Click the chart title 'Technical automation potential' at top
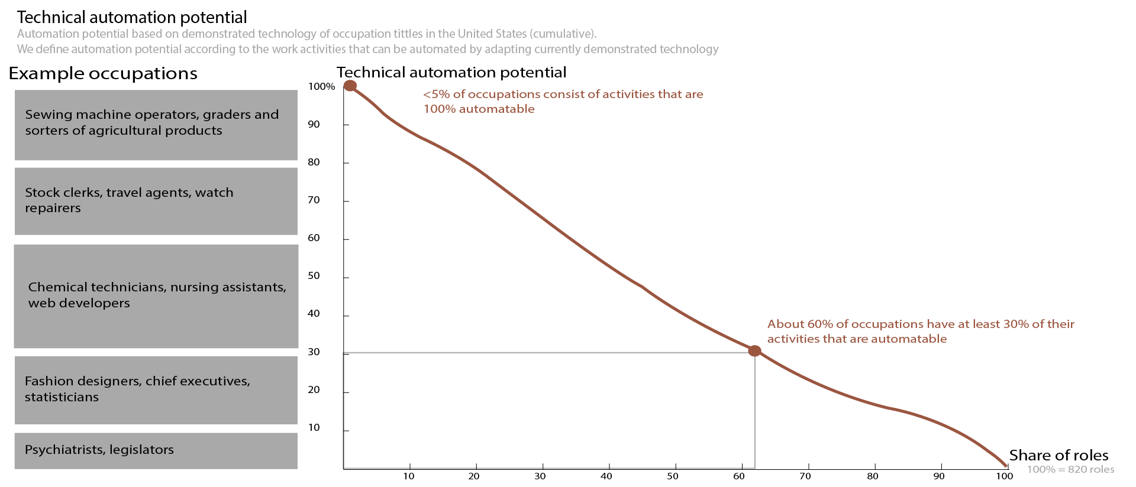(132, 17)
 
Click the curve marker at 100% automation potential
(350, 86)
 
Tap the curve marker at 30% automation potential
(754, 351)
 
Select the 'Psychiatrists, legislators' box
(156, 450)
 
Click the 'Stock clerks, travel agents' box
(156, 201)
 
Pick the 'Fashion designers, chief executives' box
(156, 389)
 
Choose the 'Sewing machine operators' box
(156, 125)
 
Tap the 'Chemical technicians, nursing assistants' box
(156, 296)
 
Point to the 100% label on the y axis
(321, 86)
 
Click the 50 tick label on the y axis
(314, 276)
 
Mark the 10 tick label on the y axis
(314, 427)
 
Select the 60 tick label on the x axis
(739, 476)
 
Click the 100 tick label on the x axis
(1004, 476)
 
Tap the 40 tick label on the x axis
(606, 476)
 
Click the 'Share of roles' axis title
(1058, 455)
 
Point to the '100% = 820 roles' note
(1070, 470)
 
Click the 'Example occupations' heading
(103, 73)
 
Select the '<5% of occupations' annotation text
(563, 101)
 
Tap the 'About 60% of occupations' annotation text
(920, 331)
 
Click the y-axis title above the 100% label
(451, 72)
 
